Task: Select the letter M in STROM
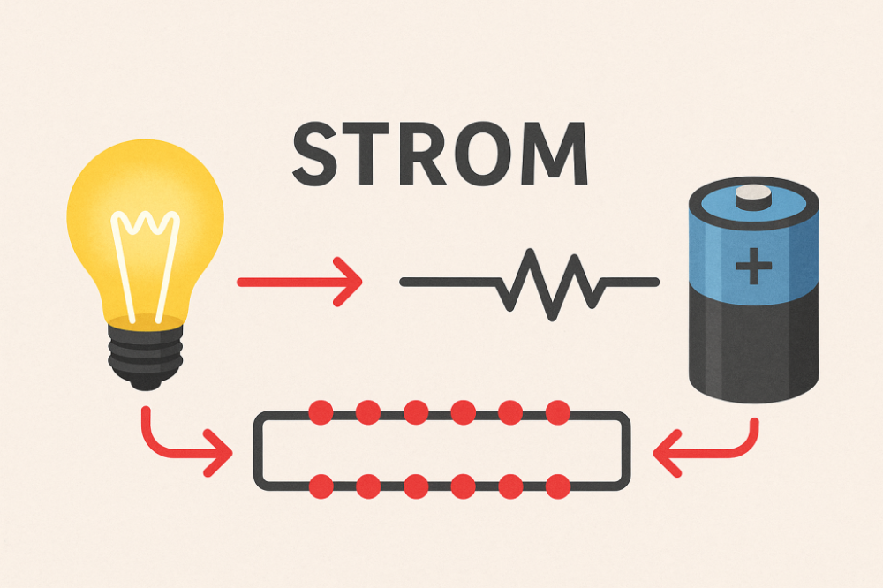point(555,154)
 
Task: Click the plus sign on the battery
point(753,265)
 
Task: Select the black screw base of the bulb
point(146,356)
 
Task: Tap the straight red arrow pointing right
point(299,282)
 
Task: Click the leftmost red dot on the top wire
point(321,412)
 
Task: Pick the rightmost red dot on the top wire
point(558,412)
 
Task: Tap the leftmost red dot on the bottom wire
point(321,486)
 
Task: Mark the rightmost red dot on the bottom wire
point(558,486)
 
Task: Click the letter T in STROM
point(366,154)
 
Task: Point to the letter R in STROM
point(423,154)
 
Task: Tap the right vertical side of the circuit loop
point(625,449)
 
